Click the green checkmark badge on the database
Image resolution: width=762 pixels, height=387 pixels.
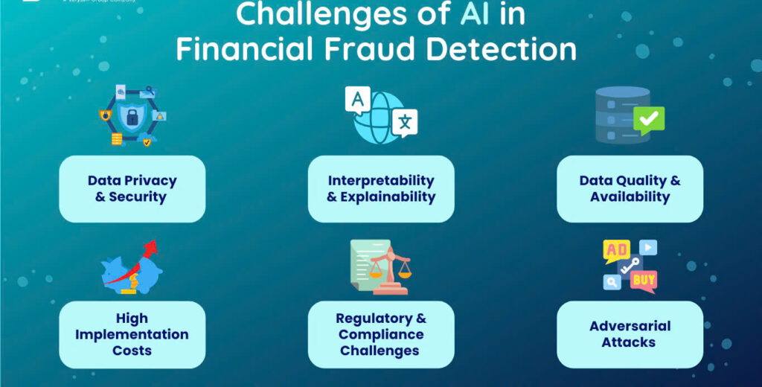point(648,119)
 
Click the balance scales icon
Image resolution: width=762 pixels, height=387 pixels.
point(390,266)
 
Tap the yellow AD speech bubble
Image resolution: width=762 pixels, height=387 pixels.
point(617,250)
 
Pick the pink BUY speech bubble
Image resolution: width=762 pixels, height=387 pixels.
point(643,280)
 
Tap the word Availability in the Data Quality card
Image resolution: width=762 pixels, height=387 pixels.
point(630,197)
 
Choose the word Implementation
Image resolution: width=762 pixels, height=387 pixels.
point(132,334)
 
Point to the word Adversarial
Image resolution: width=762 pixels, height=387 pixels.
point(630,326)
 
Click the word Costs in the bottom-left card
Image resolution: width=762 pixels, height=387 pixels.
point(132,350)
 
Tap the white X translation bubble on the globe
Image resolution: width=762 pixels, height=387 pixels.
point(405,123)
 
